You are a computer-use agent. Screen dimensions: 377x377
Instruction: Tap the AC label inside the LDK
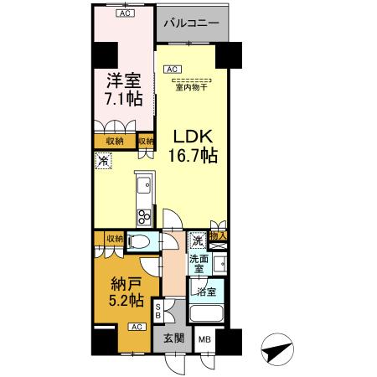click(x=171, y=70)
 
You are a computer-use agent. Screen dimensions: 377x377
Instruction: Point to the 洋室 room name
click(x=123, y=81)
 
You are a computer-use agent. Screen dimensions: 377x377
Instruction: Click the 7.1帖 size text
click(x=123, y=100)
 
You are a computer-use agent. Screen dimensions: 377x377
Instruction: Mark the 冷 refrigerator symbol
click(x=103, y=162)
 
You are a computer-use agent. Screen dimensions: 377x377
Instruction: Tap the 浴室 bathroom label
click(x=206, y=292)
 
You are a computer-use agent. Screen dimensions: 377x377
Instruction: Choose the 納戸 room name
click(x=123, y=281)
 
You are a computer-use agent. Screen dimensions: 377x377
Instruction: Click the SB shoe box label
click(x=159, y=312)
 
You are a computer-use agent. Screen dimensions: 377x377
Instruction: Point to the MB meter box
click(x=204, y=340)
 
